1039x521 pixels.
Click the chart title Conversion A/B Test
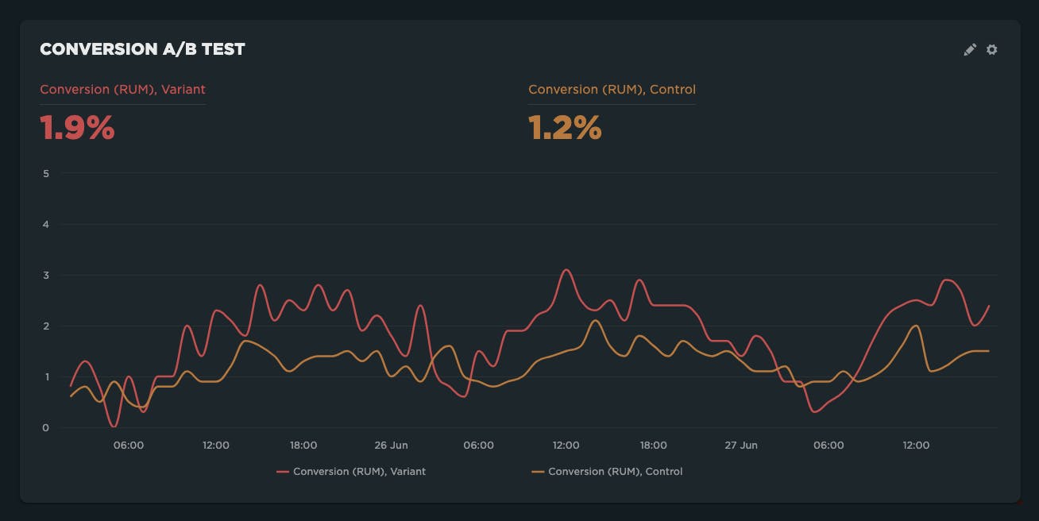142,49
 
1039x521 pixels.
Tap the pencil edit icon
970,49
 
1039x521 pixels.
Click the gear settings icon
992,49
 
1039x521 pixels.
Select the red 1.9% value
78,128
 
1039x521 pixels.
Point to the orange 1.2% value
565,128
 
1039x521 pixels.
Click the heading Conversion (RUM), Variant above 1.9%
122,90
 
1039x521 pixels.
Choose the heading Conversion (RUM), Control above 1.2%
612,90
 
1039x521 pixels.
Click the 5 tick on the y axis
46,173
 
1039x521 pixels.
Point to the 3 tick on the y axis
46,276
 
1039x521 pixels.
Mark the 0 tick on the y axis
46,428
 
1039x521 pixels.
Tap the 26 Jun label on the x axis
391,446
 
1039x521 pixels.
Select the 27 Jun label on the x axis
740,446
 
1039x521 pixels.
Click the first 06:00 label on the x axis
129,446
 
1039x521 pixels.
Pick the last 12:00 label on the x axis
916,446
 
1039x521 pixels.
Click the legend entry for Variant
351,472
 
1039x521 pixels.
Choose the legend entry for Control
607,472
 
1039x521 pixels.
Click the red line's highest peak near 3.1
566,270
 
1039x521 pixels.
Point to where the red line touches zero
114,426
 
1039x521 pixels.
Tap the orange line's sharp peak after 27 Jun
917,326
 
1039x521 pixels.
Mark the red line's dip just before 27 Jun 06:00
815,411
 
